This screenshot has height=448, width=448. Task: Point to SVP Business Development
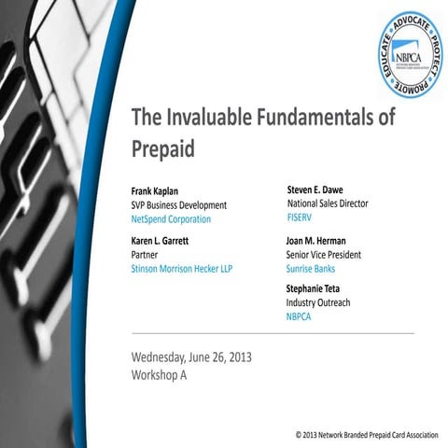coord(179,204)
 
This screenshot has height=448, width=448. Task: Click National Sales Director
coord(327,203)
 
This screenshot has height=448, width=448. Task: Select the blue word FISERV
coord(301,217)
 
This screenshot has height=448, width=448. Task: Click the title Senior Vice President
coord(323,254)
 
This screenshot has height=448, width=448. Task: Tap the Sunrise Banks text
coord(312,268)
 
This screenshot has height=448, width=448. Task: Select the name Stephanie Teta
coord(320,289)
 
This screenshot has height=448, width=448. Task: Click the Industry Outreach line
coord(318,303)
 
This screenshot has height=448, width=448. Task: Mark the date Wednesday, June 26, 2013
coord(191,357)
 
